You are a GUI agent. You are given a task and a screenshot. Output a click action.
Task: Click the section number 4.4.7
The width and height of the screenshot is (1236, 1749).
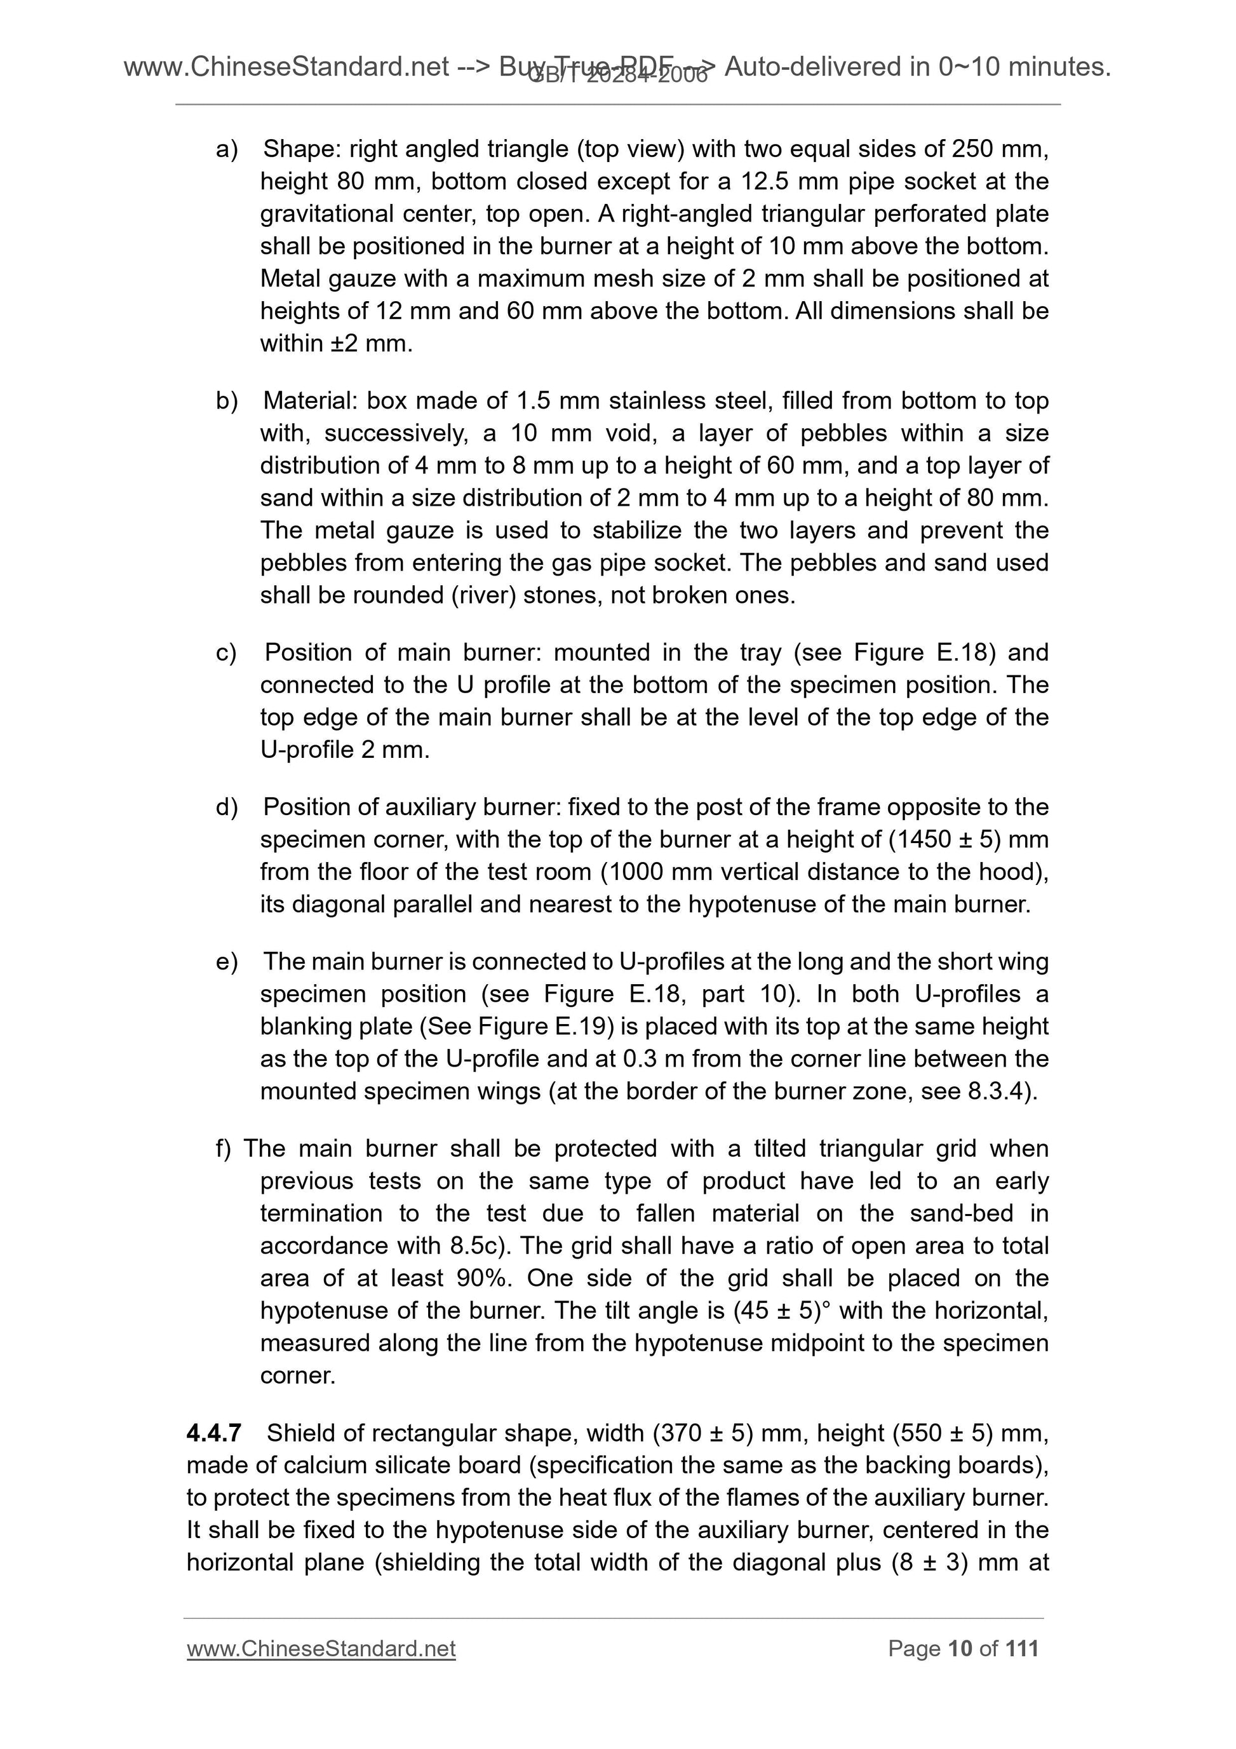click(213, 1433)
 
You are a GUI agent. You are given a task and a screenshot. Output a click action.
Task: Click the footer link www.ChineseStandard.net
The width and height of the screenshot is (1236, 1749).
click(321, 1649)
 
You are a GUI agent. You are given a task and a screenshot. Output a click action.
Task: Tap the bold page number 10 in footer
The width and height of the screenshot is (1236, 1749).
click(960, 1649)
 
